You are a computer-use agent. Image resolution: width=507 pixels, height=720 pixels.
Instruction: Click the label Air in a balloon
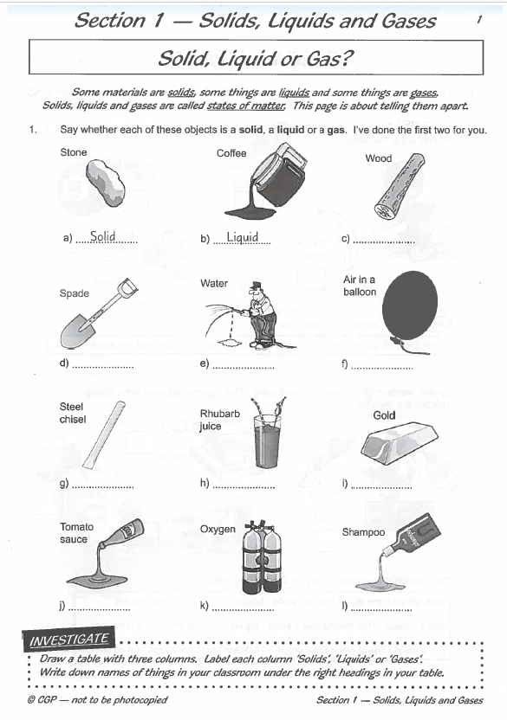coord(360,286)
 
